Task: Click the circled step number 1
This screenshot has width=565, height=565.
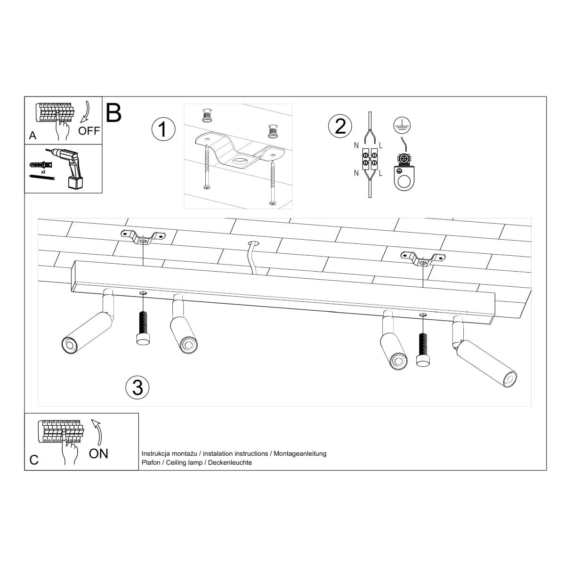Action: (x=163, y=129)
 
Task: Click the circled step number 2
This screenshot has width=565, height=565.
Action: (x=340, y=126)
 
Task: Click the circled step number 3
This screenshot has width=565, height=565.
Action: (x=137, y=387)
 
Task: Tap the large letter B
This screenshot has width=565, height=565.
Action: (x=114, y=113)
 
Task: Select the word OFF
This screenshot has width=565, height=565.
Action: (x=89, y=131)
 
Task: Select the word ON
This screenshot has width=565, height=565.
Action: (x=98, y=453)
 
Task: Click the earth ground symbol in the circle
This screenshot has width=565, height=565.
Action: (x=402, y=125)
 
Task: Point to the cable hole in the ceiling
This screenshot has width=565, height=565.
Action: (x=254, y=243)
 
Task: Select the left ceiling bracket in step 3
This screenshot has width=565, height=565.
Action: (x=142, y=237)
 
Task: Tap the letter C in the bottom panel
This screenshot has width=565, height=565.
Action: (x=34, y=460)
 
